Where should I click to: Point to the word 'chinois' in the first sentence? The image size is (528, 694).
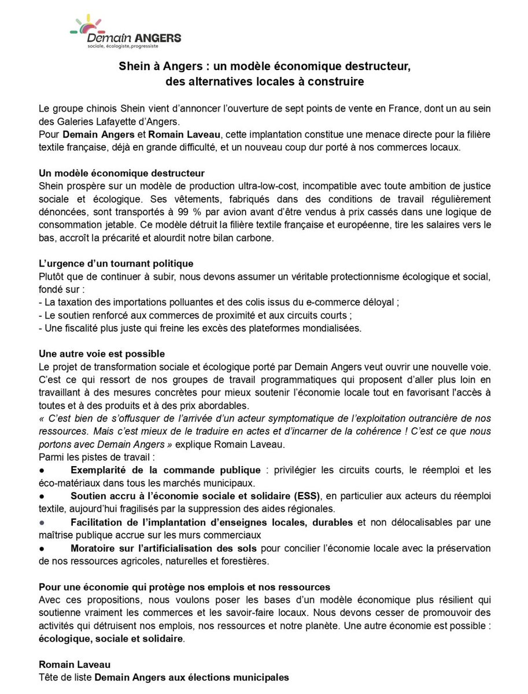[x=102, y=109]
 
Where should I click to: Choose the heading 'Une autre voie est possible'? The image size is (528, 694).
[x=102, y=353]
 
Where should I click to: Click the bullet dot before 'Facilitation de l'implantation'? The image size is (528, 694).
[x=42, y=523]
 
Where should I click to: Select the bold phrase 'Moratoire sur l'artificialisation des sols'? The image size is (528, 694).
[x=159, y=548]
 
